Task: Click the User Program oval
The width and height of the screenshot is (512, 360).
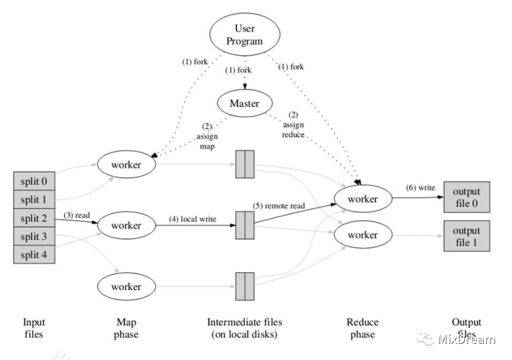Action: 244,34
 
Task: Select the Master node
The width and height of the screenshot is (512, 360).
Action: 244,104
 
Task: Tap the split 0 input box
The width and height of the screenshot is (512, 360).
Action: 34,182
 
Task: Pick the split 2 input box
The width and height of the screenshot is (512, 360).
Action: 34,218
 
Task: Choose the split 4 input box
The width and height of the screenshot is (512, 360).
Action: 34,255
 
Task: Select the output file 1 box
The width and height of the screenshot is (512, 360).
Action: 466,236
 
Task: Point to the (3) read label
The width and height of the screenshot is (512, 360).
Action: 76,215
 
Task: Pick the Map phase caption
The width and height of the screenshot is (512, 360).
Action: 126,328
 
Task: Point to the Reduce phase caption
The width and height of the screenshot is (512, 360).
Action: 362,328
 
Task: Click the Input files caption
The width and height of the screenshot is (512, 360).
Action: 34,328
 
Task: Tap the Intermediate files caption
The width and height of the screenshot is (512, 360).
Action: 244,328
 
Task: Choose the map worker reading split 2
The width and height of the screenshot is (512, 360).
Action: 126,225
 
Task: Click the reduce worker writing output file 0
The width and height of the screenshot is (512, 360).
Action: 362,199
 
